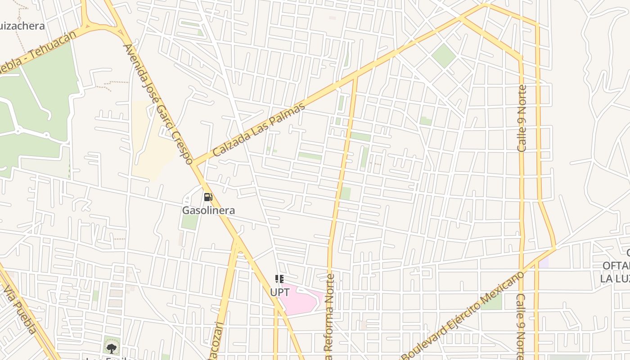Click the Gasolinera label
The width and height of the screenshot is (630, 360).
click(208, 210)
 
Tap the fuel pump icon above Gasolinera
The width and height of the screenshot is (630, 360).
click(208, 197)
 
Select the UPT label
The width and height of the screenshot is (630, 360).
click(279, 292)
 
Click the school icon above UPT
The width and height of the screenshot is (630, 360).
click(279, 279)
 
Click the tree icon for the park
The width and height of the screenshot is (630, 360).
click(111, 347)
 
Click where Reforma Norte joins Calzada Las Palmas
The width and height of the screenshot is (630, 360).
click(355, 77)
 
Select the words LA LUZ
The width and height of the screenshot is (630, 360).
click(614, 278)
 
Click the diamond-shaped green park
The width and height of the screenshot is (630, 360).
click(444, 55)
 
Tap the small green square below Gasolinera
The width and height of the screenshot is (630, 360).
click(190, 222)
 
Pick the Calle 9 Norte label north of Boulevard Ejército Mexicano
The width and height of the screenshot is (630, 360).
click(522, 118)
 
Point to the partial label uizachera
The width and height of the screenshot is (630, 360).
click(22, 26)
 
